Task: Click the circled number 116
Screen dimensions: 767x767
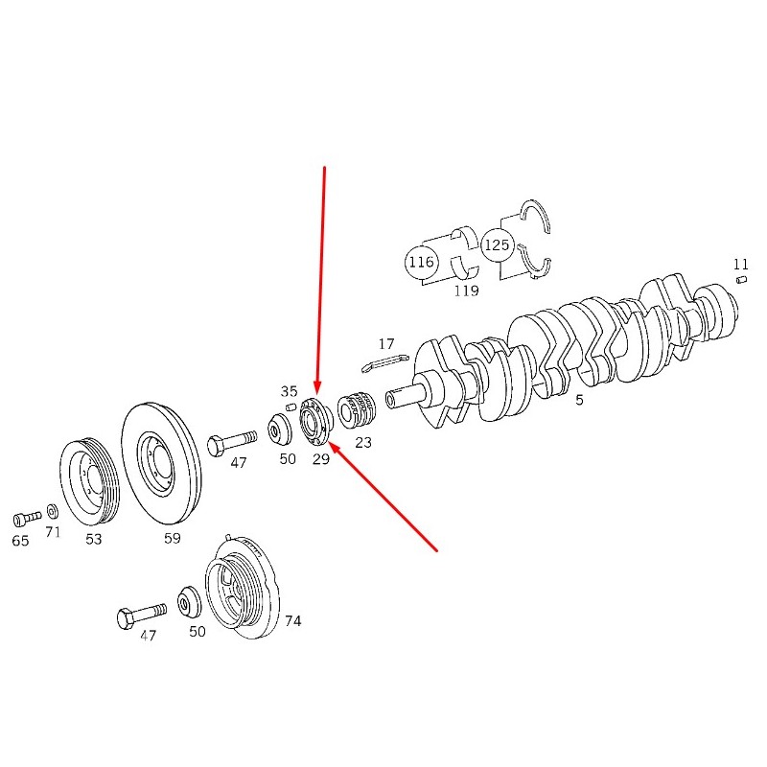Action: point(421,263)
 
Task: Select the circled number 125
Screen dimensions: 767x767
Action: point(497,244)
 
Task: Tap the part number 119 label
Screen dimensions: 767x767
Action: point(466,291)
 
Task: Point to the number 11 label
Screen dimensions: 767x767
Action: point(740,265)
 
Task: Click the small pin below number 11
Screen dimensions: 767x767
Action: point(741,280)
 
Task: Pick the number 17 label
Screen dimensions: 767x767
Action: point(386,344)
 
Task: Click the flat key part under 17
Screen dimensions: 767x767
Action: point(385,362)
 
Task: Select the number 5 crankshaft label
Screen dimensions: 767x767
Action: point(579,400)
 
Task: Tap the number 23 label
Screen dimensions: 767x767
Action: point(363,443)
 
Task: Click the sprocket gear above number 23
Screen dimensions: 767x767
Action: point(357,410)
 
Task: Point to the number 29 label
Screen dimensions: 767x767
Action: point(321,459)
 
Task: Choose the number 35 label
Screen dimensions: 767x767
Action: point(289,391)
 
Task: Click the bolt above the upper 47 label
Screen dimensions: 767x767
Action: point(232,442)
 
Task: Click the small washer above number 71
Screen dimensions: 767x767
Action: point(53,512)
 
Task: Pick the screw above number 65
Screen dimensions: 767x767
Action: point(27,519)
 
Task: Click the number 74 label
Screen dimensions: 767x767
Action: point(293,621)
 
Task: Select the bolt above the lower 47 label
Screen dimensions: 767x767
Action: point(141,616)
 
